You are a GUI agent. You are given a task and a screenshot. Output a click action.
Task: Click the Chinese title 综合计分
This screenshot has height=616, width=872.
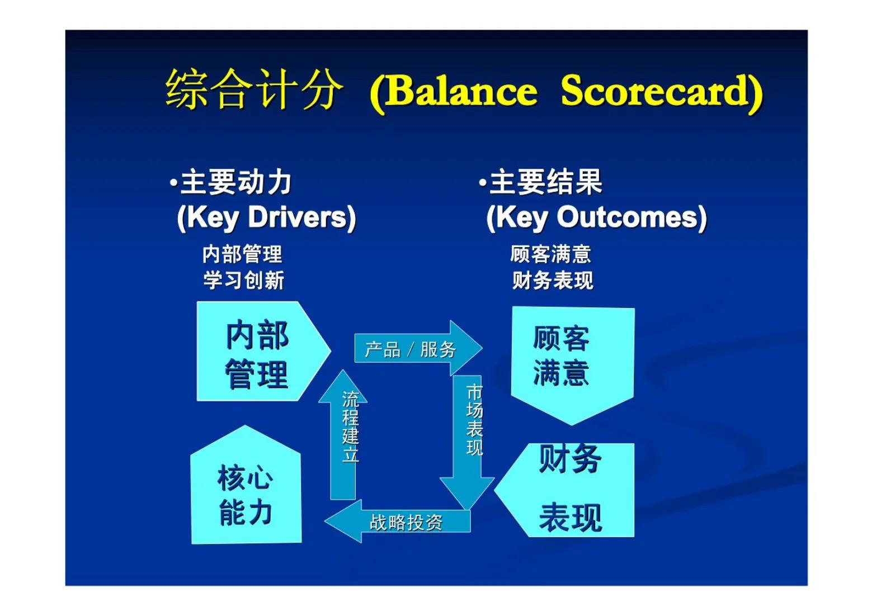click(253, 90)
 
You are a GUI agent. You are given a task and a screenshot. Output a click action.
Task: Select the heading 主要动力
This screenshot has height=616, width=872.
click(235, 182)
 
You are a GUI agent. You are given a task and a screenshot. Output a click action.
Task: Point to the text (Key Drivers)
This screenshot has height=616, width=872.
click(266, 217)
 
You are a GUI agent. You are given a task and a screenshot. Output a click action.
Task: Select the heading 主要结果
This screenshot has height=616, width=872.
click(545, 182)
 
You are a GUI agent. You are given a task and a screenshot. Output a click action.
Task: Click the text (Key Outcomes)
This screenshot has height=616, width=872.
click(596, 217)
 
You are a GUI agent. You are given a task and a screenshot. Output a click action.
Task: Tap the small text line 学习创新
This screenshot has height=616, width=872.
click(243, 279)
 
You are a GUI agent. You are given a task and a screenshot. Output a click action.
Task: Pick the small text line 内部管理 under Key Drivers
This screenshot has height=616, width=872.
click(242, 254)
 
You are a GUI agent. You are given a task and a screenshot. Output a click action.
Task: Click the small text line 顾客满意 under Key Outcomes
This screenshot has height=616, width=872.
click(550, 254)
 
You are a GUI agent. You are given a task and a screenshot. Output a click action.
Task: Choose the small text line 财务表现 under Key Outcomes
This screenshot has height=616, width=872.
click(552, 279)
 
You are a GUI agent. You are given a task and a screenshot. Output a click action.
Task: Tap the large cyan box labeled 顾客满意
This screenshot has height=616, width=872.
click(572, 358)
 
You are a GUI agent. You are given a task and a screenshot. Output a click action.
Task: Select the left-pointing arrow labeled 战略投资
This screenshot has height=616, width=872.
click(403, 522)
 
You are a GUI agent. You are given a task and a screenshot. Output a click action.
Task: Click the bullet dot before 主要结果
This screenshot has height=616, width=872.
click(482, 183)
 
